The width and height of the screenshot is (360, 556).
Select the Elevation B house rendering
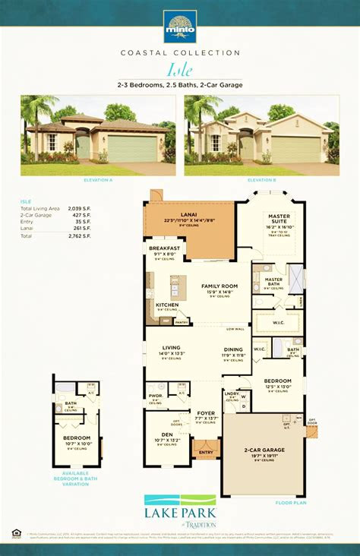[261, 134]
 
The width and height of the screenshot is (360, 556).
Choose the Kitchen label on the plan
[166, 304]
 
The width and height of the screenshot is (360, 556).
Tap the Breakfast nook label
[165, 248]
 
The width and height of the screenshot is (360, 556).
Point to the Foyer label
[206, 413]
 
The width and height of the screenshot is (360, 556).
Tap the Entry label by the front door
[206, 453]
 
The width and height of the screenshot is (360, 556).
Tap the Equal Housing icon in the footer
[15, 535]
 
